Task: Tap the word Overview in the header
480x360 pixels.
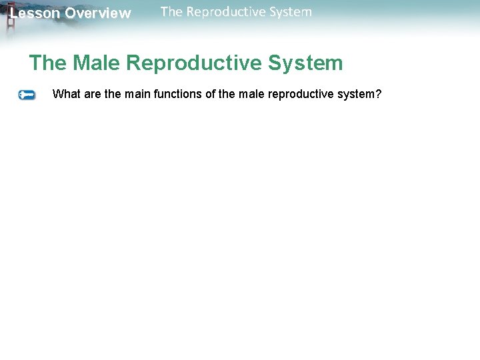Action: coord(98,13)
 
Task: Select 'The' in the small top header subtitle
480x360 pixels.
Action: coord(171,11)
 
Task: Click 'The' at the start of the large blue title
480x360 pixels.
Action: coord(48,63)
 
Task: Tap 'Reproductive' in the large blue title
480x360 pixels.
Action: coord(194,63)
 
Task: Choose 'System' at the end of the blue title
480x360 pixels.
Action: coord(305,63)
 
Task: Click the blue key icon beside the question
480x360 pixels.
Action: coord(27,95)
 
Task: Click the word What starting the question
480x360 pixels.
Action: coord(66,94)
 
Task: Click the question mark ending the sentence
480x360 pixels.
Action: coord(379,94)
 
